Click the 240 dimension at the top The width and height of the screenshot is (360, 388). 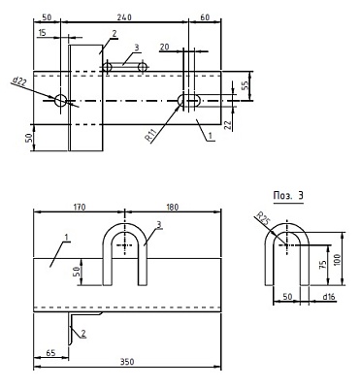pos(124,17)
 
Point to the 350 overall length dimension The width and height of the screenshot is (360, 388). pos(127,362)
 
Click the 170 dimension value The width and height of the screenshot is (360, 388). pos(80,207)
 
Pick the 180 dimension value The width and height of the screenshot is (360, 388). pos(172,207)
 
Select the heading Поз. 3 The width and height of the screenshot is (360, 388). pos(288,196)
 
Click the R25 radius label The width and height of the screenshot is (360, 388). pos(262,218)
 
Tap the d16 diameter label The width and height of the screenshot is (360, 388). pos(329,297)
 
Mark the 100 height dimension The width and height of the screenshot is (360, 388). pos(338,260)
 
